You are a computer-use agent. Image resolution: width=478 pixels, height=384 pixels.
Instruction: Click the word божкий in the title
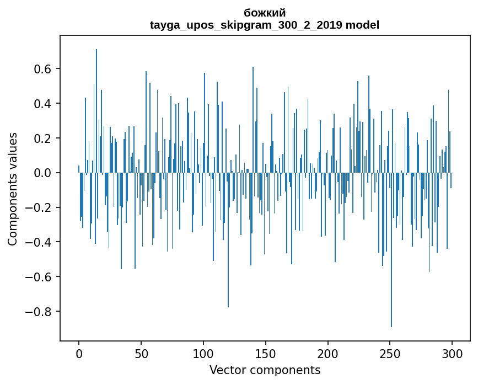265,13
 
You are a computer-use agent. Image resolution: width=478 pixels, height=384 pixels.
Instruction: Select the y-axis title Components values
13,189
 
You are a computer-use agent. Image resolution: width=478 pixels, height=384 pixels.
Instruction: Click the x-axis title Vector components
265,370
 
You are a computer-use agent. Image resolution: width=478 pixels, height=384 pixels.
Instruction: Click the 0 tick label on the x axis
79,353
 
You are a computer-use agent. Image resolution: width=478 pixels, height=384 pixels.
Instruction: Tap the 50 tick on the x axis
141,353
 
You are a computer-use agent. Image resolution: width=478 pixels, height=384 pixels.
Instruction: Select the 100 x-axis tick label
203,353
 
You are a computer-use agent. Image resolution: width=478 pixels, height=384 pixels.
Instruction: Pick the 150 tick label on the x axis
266,353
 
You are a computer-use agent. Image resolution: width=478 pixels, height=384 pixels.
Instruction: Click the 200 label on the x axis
328,353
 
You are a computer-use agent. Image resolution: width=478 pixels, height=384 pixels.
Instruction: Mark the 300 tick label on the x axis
452,353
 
